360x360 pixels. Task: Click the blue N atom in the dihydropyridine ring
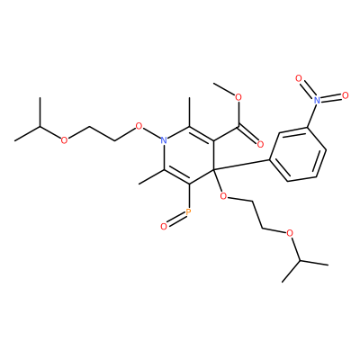click(x=164, y=139)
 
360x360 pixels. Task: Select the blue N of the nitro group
click(x=316, y=99)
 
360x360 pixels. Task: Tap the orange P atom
click(x=188, y=212)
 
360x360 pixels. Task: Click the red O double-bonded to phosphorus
click(x=164, y=227)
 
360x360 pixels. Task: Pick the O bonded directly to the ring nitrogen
click(x=139, y=126)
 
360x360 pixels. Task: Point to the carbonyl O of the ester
click(x=260, y=145)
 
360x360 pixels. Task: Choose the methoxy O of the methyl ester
click(x=238, y=97)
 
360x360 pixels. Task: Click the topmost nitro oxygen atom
click(x=299, y=78)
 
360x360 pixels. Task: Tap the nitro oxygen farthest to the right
click(x=346, y=95)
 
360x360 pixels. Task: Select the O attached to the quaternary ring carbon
click(x=223, y=196)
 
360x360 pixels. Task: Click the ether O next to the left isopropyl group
click(x=64, y=140)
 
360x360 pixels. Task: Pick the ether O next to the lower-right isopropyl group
click(x=289, y=233)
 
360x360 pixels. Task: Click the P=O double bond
click(x=175, y=220)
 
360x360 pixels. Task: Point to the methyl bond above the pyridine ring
click(x=190, y=112)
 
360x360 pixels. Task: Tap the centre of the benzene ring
click(x=299, y=155)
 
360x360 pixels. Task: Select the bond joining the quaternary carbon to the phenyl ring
click(x=242, y=165)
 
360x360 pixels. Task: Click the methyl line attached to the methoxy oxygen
click(x=224, y=89)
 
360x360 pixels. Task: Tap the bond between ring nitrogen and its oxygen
click(x=151, y=133)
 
